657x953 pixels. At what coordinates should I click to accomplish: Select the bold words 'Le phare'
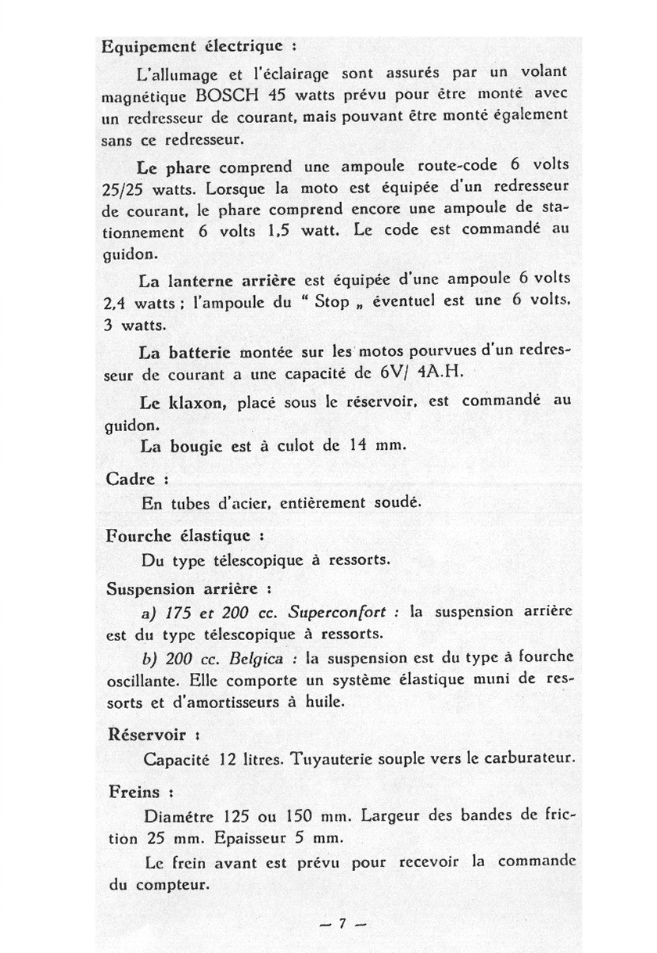(x=174, y=167)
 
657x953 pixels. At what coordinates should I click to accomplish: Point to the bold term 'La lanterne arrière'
(x=217, y=279)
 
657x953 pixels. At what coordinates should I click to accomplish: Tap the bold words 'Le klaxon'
(x=183, y=402)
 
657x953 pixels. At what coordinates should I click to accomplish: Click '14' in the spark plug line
(x=358, y=447)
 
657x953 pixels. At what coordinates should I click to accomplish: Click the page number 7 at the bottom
(x=342, y=923)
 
